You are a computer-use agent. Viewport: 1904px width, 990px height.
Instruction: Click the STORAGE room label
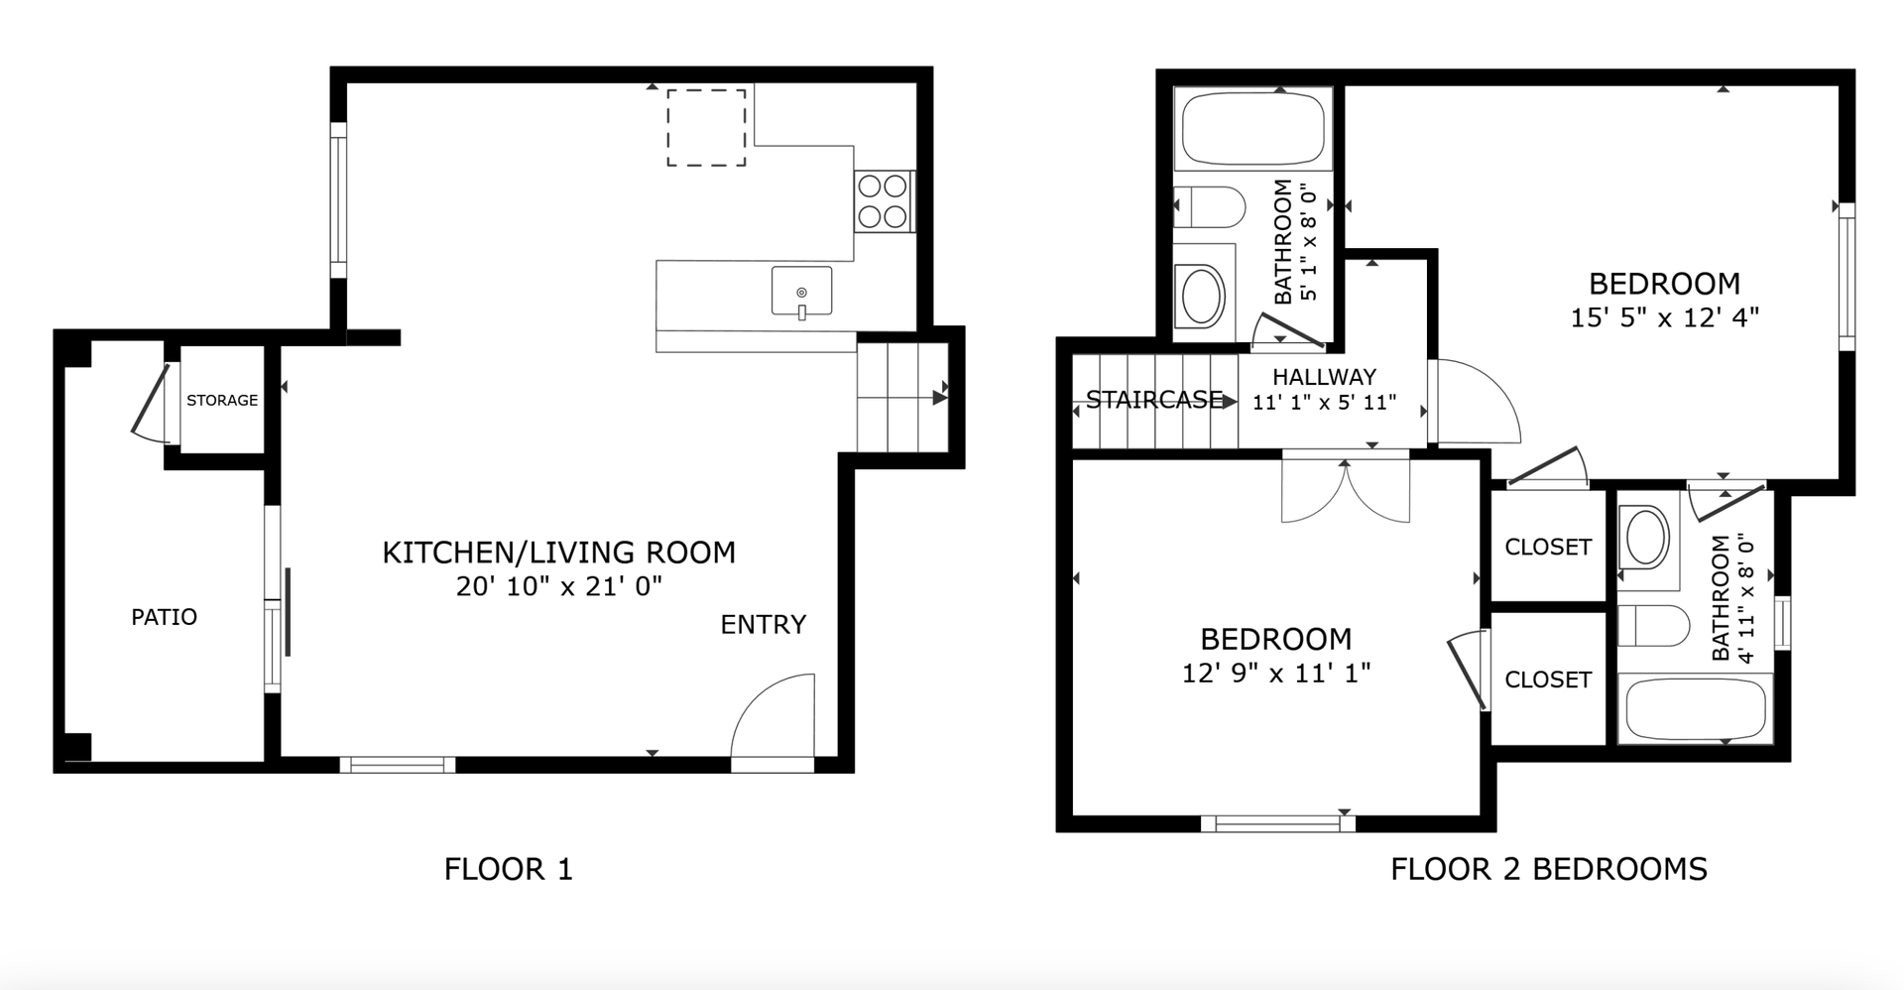222,400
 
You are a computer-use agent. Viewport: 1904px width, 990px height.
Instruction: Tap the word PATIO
165,617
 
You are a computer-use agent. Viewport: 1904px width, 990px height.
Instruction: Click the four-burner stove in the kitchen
883,201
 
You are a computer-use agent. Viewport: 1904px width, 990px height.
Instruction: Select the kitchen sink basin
801,291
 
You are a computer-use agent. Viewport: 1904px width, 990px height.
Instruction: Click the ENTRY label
764,624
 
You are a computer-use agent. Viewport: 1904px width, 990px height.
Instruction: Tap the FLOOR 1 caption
509,869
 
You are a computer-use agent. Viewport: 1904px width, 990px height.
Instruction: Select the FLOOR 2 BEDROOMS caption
1549,869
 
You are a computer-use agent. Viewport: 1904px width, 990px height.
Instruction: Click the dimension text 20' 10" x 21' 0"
559,586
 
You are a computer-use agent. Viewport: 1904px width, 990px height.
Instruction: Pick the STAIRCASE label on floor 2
1154,400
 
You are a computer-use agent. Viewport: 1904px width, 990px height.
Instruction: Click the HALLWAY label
1325,377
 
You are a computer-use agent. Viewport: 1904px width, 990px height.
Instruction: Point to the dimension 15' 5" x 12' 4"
1665,317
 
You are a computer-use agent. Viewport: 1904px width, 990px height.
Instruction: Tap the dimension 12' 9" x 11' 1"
1276,673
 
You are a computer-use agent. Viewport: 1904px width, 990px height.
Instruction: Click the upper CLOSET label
1548,547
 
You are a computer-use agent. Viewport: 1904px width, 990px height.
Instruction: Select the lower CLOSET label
1548,680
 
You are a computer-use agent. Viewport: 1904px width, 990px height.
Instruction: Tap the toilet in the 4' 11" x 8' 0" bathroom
1653,626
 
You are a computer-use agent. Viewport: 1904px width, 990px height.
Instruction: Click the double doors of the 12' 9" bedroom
1346,487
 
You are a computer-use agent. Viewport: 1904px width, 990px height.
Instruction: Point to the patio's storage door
152,403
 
